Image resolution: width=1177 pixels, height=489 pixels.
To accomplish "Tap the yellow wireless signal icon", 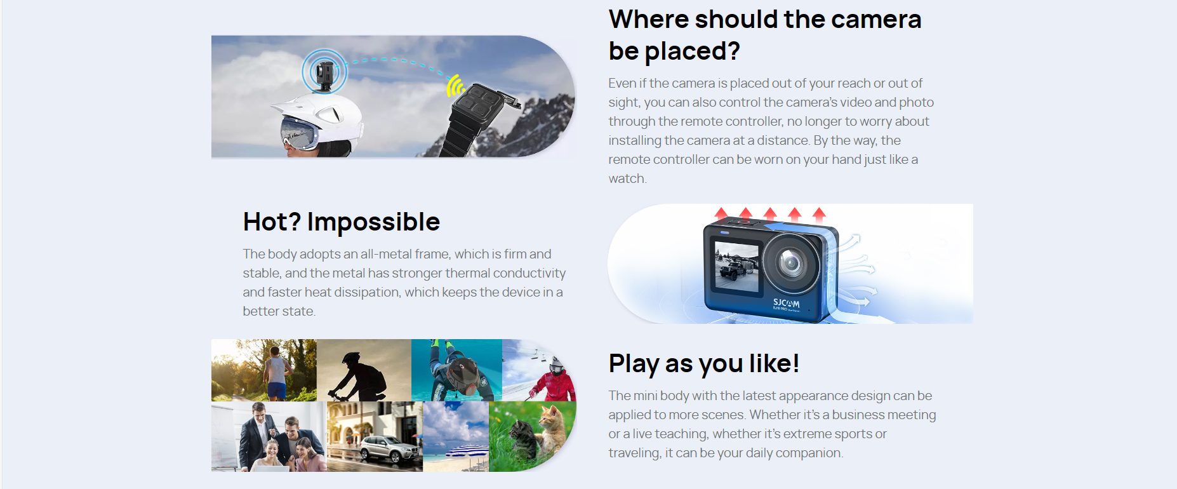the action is click(x=454, y=85).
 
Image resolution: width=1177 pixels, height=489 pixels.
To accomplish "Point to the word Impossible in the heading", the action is click(x=373, y=222).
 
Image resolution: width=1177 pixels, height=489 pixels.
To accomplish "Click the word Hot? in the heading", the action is click(x=272, y=222).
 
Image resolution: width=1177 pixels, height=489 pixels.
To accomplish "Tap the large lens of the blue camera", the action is click(x=790, y=262).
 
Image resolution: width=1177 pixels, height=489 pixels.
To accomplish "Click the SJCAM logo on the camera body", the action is click(x=786, y=304).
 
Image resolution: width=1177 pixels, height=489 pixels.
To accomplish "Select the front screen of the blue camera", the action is click(x=736, y=266).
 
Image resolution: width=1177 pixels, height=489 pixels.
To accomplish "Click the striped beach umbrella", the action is click(x=467, y=450).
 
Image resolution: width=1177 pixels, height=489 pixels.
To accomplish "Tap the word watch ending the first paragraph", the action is click(x=626, y=178).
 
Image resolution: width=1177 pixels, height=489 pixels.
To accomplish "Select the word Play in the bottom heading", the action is click(x=634, y=364).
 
